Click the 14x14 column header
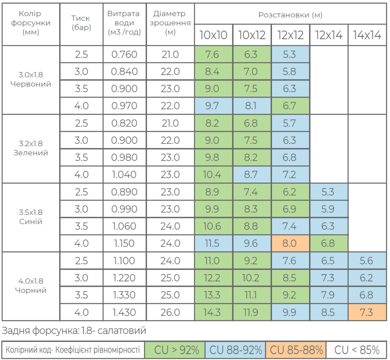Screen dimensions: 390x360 click(x=367, y=35)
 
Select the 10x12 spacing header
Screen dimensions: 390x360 click(x=252, y=35)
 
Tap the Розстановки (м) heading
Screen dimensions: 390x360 click(x=290, y=15)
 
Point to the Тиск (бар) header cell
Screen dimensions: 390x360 click(x=82, y=22)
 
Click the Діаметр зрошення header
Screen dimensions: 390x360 click(x=170, y=22)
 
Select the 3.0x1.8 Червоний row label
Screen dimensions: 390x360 click(x=31, y=79)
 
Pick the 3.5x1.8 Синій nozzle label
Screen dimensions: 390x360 click(x=31, y=217)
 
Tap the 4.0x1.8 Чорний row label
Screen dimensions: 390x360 click(x=31, y=285)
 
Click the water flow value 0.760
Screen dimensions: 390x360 click(x=125, y=54)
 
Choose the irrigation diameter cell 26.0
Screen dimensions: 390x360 click(x=170, y=312)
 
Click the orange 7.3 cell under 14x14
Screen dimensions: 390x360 click(x=367, y=312)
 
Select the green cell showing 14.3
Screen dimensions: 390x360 click(x=213, y=312)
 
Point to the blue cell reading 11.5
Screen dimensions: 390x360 click(x=213, y=243)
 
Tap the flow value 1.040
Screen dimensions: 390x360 click(x=125, y=174)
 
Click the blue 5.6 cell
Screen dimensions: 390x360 click(x=367, y=261)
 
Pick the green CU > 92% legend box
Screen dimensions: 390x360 click(x=175, y=350)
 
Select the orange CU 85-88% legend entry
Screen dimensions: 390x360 click(x=296, y=350)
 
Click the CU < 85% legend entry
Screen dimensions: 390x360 click(x=356, y=350)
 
